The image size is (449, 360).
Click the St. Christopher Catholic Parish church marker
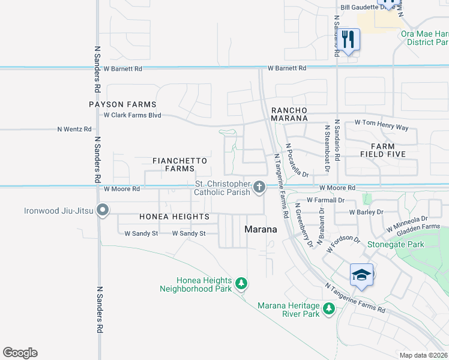(259, 188)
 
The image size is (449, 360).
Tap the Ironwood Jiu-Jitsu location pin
(103, 211)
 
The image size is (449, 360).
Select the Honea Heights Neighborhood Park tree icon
(241, 283)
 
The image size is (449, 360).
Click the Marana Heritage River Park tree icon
(328, 308)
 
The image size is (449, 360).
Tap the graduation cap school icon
(361, 275)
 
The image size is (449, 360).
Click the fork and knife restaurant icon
(348, 40)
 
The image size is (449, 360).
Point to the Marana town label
(261, 229)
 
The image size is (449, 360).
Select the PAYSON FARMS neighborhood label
(122, 104)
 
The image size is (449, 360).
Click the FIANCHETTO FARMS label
(179, 165)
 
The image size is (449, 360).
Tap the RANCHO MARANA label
(289, 114)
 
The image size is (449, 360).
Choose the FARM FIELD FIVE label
(382, 150)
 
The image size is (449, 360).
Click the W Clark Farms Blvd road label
(133, 115)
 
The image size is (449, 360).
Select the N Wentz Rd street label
(74, 129)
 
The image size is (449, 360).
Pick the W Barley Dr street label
(366, 212)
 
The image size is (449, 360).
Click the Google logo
(20, 353)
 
